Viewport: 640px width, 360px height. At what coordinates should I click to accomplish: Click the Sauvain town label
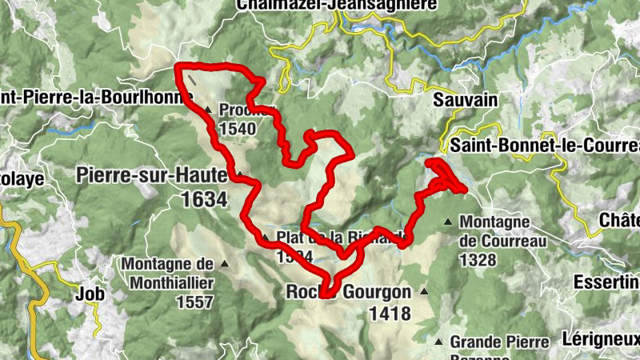coord(465,100)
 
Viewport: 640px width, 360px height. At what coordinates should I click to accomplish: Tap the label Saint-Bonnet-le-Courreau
coord(544,146)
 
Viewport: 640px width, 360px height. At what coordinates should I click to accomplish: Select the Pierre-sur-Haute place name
coord(152,175)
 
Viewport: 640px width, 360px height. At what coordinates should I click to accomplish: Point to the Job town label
coord(90,294)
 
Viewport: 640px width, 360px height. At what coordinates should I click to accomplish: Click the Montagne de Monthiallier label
coord(168,272)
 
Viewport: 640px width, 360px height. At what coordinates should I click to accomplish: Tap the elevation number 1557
coord(191,302)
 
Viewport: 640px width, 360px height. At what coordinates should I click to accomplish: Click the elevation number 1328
coord(478,260)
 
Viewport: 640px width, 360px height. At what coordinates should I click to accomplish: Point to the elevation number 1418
coord(390,314)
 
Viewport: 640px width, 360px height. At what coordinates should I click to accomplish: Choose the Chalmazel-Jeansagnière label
coord(336,5)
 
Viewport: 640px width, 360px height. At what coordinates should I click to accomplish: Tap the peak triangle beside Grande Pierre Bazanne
coord(437,341)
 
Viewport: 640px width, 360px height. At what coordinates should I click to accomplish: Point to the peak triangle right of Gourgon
coord(424,292)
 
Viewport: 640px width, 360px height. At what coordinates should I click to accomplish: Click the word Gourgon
coord(377,293)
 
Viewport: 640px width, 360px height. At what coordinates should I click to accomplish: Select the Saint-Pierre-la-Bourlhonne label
coord(96,98)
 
